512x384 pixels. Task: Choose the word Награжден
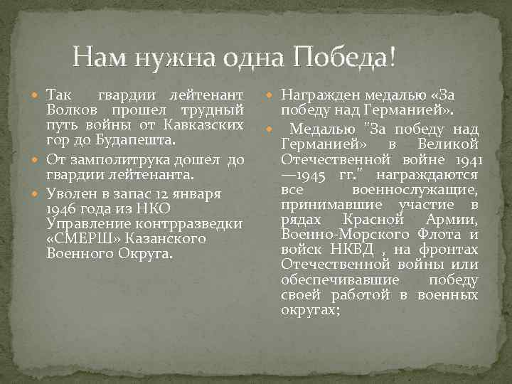click(x=321, y=95)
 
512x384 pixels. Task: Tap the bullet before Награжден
click(x=272, y=95)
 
